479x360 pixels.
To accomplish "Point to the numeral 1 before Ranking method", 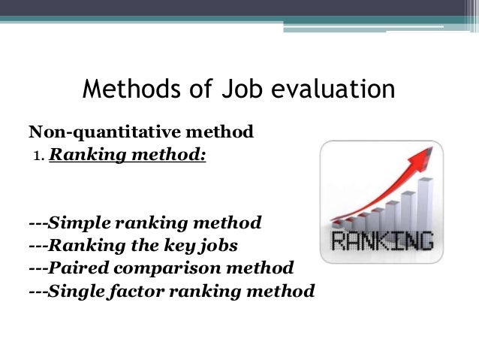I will pyautogui.click(x=35, y=158).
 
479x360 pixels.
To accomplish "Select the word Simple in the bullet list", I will pyautogui.click(x=78, y=222).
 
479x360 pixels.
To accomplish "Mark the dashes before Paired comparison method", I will pyautogui.click(x=38, y=268).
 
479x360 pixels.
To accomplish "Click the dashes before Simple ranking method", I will pyautogui.click(x=38, y=222).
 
